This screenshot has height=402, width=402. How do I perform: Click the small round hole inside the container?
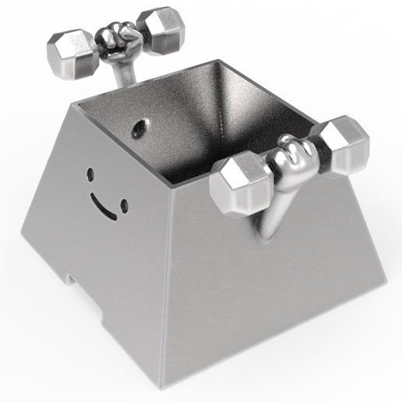point(141,125)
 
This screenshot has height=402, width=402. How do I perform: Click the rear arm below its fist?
point(123,72)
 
